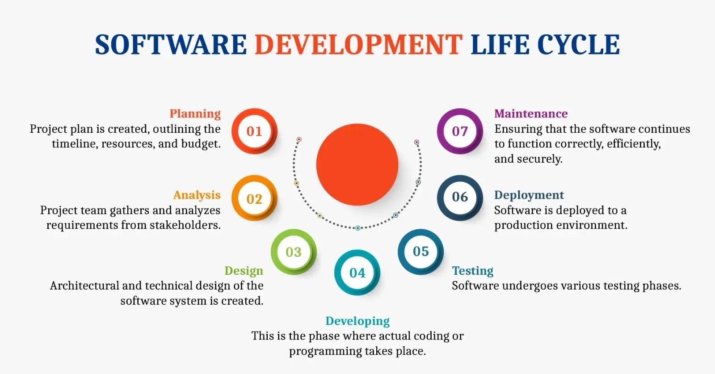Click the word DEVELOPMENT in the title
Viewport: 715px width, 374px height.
[358, 45]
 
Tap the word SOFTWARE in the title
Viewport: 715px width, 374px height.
[171, 45]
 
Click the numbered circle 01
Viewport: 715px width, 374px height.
[254, 131]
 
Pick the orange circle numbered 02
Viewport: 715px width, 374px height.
[254, 198]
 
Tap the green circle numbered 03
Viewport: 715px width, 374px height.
[293, 252]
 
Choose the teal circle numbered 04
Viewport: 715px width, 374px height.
[357, 273]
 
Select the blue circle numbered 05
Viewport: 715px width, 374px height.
[421, 252]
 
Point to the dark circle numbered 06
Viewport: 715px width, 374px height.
[460, 198]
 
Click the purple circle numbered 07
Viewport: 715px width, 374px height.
[460, 131]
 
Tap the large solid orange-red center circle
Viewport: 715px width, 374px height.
[357, 164]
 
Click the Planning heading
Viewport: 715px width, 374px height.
[195, 113]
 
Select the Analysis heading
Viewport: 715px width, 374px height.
[197, 195]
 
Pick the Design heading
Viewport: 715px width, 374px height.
[244, 271]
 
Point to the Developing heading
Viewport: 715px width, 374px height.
[357, 321]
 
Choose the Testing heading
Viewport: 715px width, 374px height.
[473, 271]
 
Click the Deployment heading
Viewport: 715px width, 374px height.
[529, 195]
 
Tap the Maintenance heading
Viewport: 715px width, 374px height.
[531, 113]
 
